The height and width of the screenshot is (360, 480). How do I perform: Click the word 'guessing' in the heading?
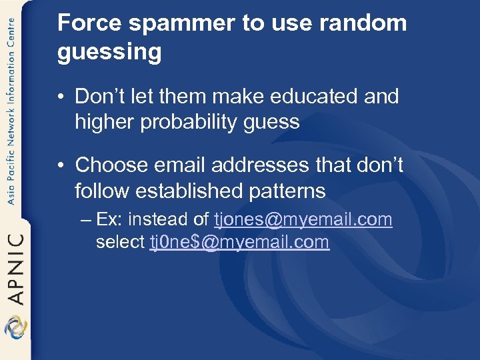109,52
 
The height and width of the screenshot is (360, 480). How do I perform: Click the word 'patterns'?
293,191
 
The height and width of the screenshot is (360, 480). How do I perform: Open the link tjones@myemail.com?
303,220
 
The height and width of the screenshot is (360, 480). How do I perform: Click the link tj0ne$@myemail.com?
239,242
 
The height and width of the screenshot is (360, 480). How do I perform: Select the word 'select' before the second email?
121,242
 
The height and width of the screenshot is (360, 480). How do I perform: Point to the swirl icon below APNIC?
15,327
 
